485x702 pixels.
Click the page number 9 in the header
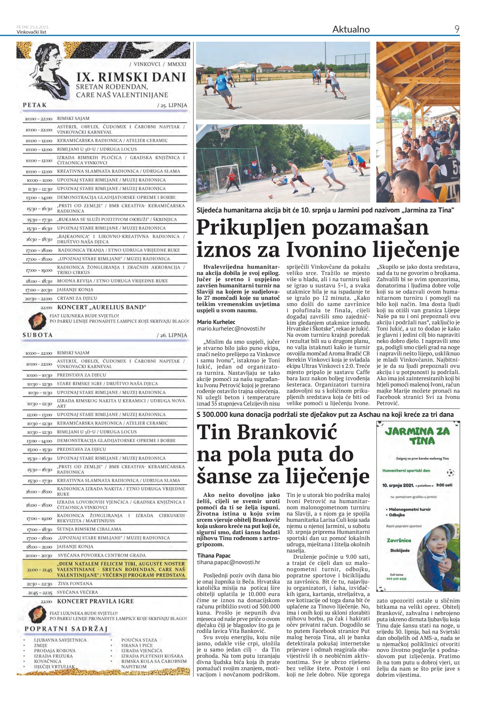click(456, 29)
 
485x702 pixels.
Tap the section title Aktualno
click(351, 30)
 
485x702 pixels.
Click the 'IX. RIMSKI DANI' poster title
click(131, 77)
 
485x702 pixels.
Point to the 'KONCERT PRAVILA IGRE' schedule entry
click(95, 601)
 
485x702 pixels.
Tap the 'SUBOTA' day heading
click(38, 335)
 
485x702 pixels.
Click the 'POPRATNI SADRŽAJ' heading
click(66, 629)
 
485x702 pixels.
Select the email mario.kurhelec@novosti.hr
click(231, 329)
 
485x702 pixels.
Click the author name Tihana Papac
click(214, 556)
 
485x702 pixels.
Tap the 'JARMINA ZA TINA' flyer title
click(417, 436)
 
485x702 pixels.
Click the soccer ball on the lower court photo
click(271, 196)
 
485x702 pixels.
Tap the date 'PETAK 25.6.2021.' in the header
click(33, 27)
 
